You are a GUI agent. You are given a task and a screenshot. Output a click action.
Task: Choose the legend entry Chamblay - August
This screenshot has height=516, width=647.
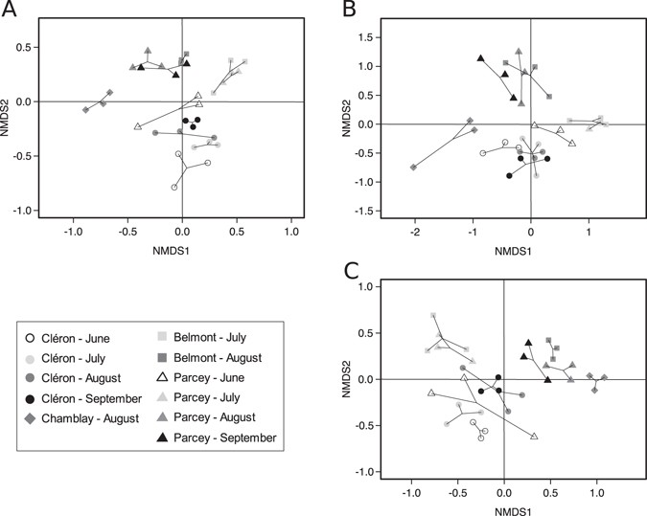[x=87, y=417]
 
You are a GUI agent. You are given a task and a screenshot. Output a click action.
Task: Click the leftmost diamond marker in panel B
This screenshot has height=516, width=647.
[x=413, y=168]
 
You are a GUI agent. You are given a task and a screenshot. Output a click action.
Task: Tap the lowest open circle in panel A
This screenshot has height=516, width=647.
[x=174, y=188]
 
